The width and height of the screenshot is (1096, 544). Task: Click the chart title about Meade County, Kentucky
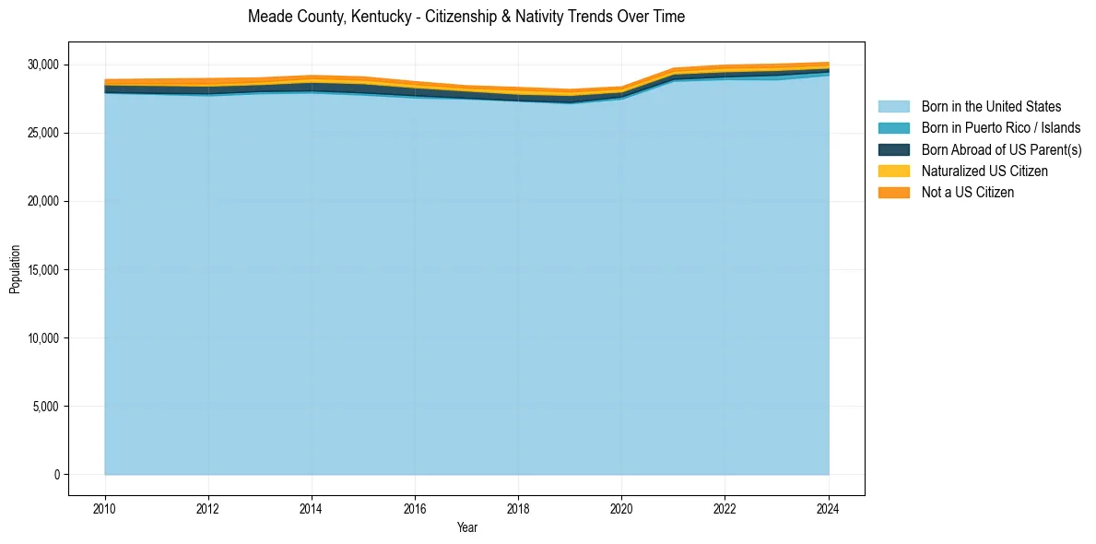click(x=466, y=17)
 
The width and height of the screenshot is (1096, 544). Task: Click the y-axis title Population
click(x=15, y=269)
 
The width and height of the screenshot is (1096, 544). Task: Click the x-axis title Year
click(x=466, y=527)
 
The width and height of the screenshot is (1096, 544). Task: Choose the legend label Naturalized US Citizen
click(x=984, y=171)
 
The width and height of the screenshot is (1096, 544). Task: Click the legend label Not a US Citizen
click(x=968, y=192)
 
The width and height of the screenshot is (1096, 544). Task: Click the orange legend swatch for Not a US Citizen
click(x=893, y=192)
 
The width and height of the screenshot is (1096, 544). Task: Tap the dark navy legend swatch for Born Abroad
click(x=893, y=149)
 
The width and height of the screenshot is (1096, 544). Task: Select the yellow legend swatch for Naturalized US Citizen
click(x=893, y=171)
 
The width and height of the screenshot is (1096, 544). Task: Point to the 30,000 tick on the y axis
click(x=44, y=65)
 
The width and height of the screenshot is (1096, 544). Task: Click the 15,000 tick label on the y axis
click(x=44, y=270)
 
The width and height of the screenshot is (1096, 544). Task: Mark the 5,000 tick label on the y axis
click(x=47, y=407)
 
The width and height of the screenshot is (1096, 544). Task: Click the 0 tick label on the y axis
click(x=57, y=475)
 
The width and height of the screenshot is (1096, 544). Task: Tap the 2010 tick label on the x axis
click(x=105, y=507)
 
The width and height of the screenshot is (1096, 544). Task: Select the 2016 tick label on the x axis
click(x=415, y=507)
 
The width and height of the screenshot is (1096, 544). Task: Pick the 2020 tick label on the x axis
click(x=621, y=507)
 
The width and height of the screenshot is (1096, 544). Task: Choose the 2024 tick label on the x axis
click(x=828, y=507)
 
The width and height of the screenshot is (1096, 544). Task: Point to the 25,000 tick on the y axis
click(x=44, y=133)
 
